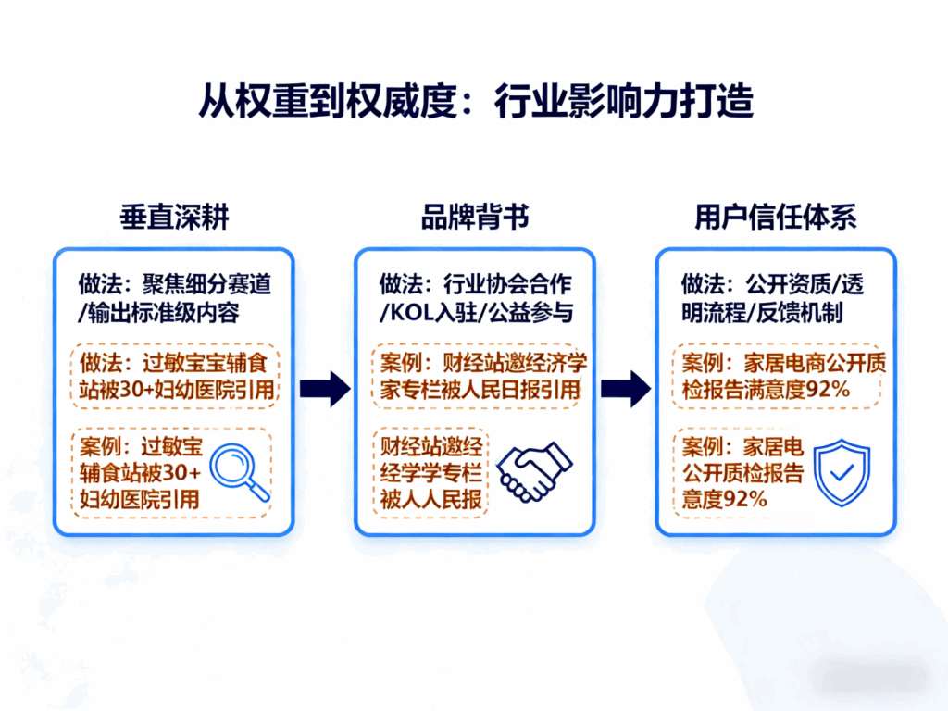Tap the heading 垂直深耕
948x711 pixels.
tap(174, 218)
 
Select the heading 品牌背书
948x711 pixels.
tap(475, 218)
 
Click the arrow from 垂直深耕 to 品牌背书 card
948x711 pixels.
tap(326, 389)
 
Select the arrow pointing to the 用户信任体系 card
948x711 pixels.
tap(626, 389)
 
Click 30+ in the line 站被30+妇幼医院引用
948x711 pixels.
tap(142, 391)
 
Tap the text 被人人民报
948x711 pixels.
tap(431, 500)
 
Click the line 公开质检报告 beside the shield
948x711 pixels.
tap(742, 474)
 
